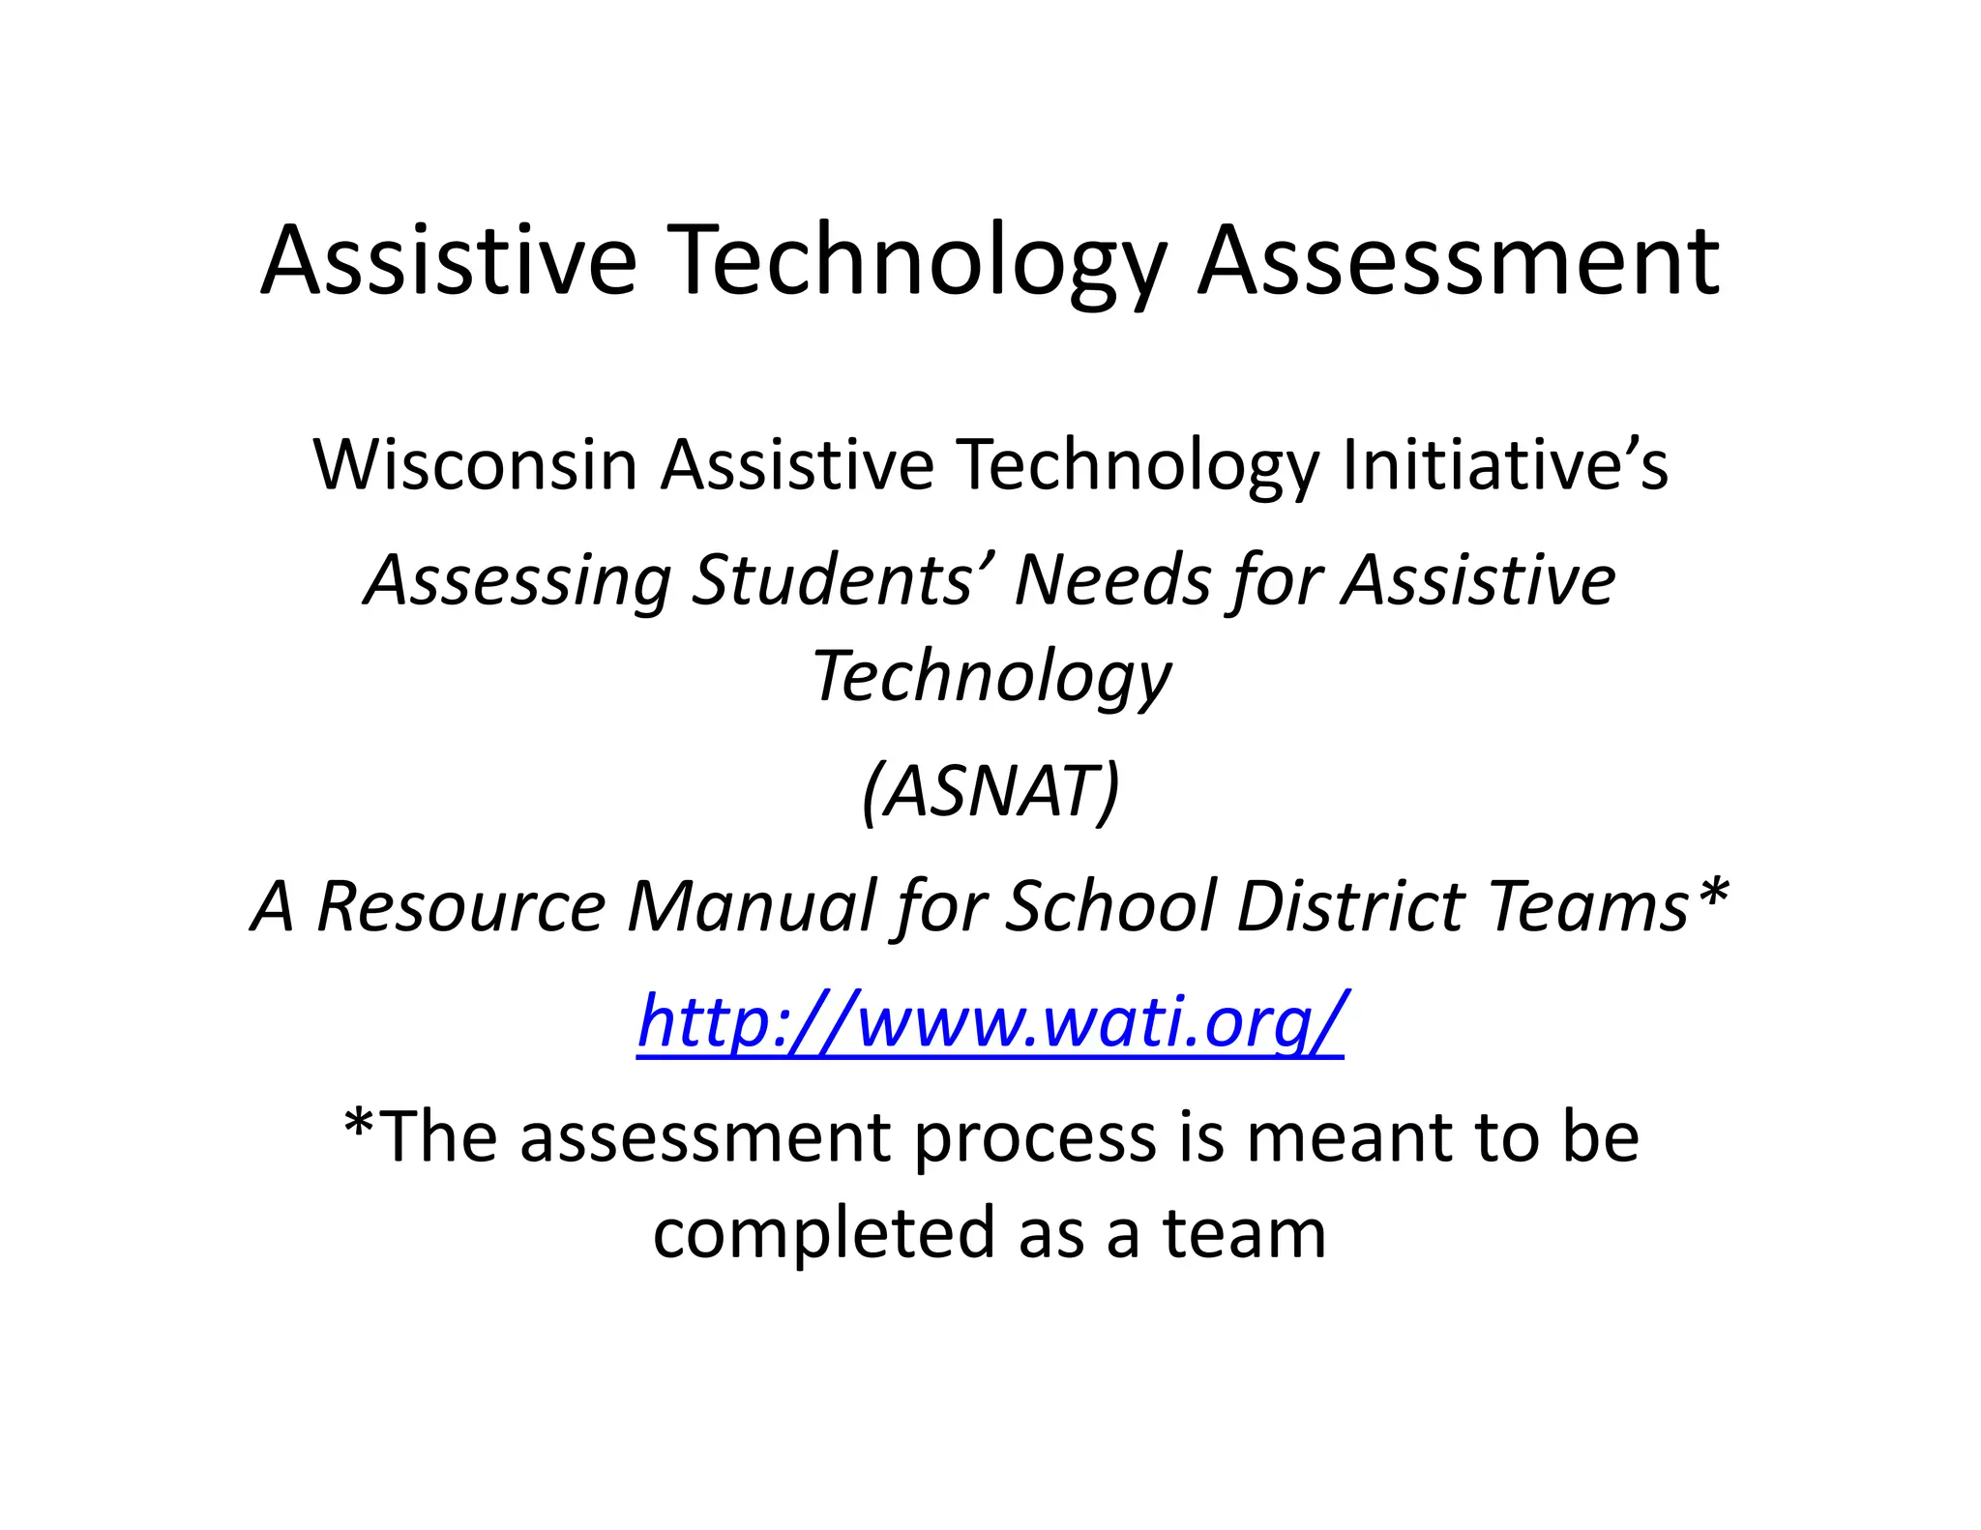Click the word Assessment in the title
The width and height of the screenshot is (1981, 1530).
(x=1459, y=261)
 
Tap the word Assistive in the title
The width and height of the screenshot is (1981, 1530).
(x=449, y=261)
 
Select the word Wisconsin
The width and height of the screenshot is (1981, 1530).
(x=475, y=465)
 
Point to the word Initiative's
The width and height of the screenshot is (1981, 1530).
(x=1504, y=465)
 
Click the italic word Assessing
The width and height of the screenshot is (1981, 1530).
(x=517, y=581)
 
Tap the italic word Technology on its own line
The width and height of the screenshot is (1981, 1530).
(x=990, y=677)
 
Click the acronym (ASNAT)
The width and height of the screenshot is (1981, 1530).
(x=990, y=792)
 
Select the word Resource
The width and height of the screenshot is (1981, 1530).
(x=461, y=906)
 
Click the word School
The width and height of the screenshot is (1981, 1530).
(x=1109, y=906)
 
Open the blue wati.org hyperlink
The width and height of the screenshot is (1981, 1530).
(x=990, y=1021)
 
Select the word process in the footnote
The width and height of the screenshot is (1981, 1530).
(x=1035, y=1139)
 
